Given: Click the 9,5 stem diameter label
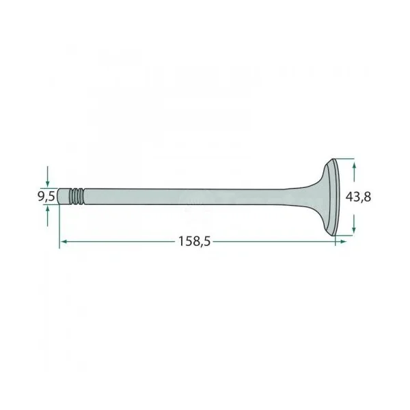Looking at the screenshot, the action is (46, 196).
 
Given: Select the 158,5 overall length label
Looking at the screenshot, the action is (194, 241).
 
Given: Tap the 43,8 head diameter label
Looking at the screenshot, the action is (358, 197).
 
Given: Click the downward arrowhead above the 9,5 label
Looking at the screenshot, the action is (47, 184).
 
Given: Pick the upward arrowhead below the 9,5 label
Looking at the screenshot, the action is (47, 208).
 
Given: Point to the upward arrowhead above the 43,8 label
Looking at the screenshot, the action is (354, 166).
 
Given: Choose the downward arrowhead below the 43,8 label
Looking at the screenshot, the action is (354, 228).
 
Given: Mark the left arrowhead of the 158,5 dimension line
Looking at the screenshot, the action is (64, 242).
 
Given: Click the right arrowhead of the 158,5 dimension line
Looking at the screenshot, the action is (342, 242).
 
